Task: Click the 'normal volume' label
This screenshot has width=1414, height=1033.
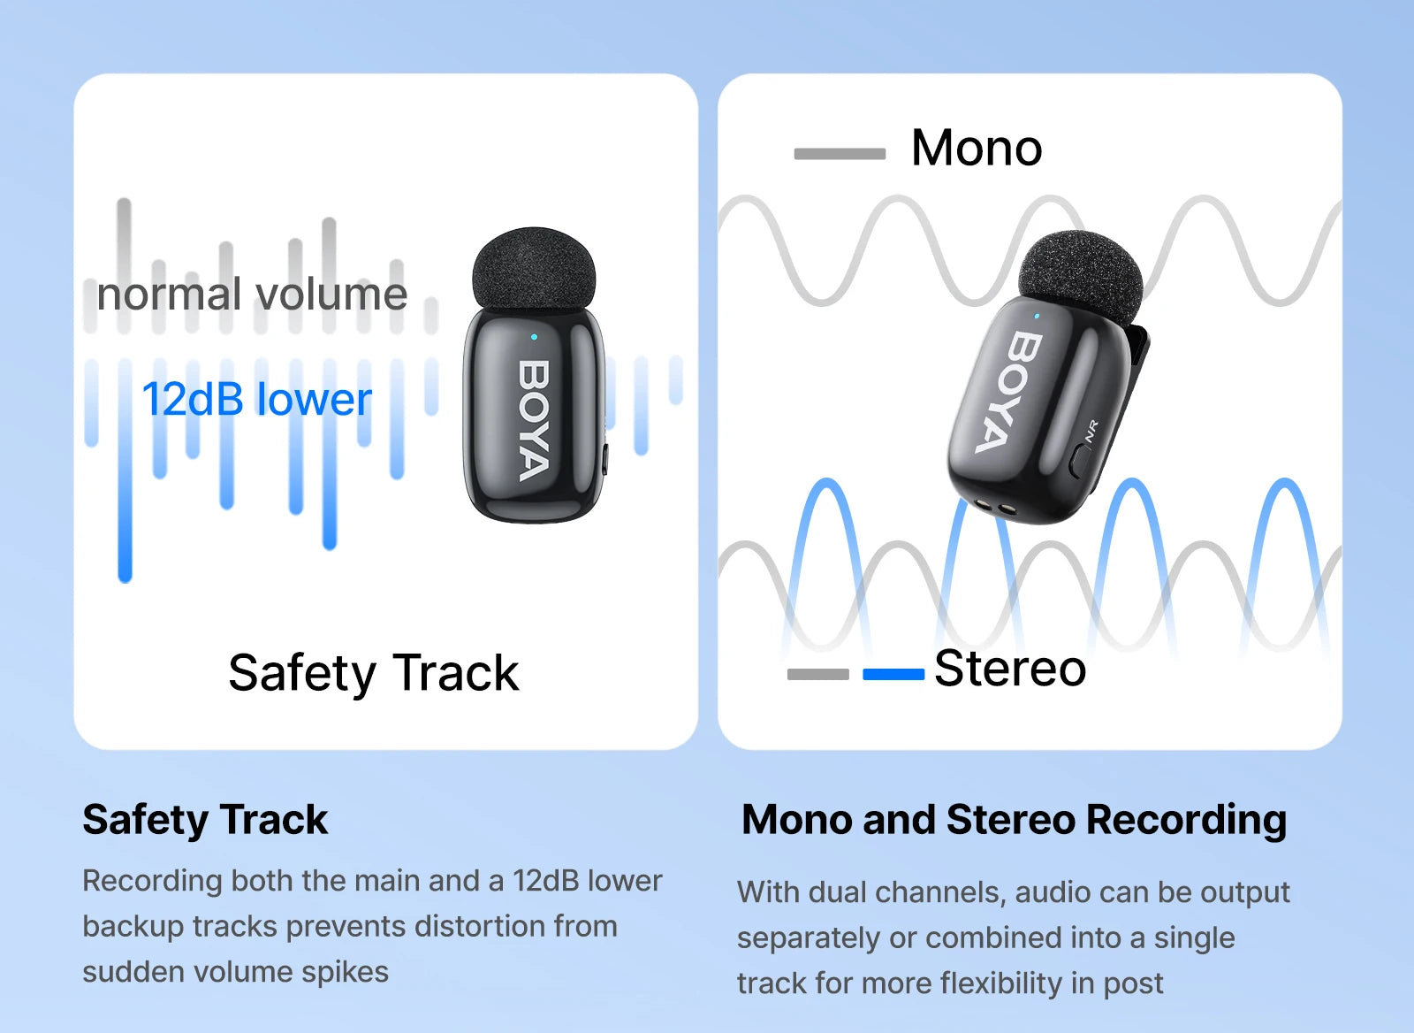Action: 252,295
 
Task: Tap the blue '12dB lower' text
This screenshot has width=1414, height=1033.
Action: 256,399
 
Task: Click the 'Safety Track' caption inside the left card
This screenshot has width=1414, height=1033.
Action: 373,673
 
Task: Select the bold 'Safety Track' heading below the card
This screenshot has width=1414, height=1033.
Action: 205,820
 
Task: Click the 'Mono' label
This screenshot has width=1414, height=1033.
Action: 977,148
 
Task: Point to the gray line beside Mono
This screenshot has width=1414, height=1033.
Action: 840,154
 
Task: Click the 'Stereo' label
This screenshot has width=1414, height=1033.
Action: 1010,669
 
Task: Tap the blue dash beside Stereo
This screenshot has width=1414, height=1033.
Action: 893,675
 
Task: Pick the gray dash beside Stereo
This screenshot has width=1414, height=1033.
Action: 817,675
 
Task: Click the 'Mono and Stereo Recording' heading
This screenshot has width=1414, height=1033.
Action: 1014,820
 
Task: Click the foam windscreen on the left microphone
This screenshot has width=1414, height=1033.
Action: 534,268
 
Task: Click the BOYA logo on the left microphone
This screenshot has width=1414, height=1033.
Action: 534,420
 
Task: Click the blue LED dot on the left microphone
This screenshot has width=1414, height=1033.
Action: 534,337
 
